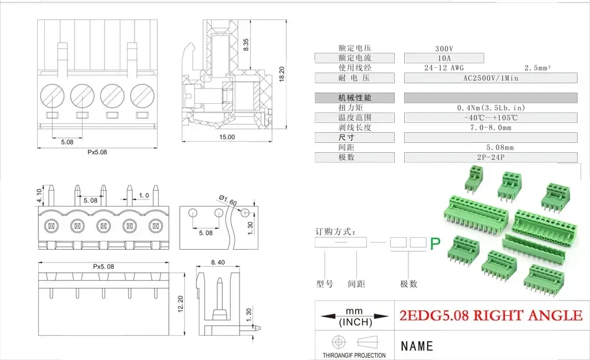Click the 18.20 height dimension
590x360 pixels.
click(282, 74)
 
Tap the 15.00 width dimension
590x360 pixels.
click(227, 137)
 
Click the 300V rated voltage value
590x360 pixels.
click(444, 48)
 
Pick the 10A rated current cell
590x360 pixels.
click(444, 58)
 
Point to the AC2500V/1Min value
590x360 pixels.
click(490, 78)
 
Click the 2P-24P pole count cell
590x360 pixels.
click(490, 158)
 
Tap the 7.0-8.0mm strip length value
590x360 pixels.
click(490, 127)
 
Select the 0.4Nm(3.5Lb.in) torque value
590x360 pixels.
click(490, 107)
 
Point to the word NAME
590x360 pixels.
click(417, 346)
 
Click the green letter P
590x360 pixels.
click(435, 243)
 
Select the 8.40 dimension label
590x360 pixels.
click(217, 263)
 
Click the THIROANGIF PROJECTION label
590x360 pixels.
click(354, 355)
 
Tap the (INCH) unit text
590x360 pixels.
click(355, 323)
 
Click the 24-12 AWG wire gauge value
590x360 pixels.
click(444, 68)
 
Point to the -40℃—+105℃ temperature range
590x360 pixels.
click(490, 117)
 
